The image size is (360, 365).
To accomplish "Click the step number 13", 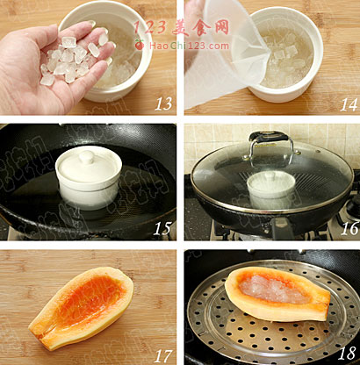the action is point(163,104).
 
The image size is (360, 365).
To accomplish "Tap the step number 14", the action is point(349,104).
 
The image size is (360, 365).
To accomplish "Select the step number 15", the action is point(162,229).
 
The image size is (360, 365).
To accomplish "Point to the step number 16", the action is point(349,228).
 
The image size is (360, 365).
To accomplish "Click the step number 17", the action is point(162,356).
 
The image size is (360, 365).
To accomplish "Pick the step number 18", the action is point(347,353).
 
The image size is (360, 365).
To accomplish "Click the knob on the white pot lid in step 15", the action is point(87,156).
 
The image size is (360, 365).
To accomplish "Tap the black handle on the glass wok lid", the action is point(269,136).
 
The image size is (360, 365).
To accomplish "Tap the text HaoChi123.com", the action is point(189,46).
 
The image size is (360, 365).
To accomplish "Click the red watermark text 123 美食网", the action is point(182,28).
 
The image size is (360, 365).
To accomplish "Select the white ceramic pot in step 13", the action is point(112,51).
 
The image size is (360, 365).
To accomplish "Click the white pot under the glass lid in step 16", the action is point(271,190).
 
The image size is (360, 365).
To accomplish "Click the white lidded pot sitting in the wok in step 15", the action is point(89,178).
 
